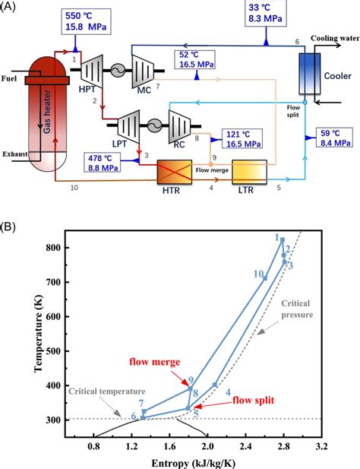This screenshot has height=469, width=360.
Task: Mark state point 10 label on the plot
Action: (x=258, y=274)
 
